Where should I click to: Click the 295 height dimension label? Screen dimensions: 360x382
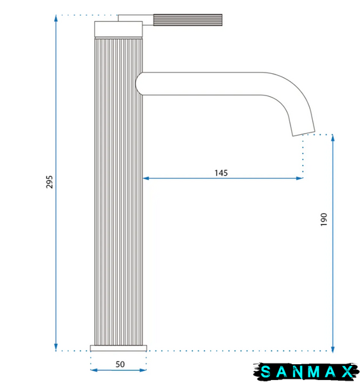pos(50,181)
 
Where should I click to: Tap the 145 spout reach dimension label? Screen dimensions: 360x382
pos(221,173)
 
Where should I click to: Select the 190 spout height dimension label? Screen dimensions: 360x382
pos(324,220)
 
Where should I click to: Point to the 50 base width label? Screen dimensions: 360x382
pos(120,364)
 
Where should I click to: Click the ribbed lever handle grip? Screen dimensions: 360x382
pos(188,20)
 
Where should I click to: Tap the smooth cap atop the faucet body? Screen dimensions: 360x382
pos(119,29)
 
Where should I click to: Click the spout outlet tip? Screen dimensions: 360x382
pos(304,134)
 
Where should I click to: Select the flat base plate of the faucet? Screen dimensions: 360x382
pos(119,348)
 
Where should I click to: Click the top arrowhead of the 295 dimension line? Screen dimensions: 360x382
pos(56,18)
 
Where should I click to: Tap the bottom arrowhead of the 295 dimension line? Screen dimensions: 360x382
pos(56,348)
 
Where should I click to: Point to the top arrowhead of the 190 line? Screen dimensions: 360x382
pos(333,138)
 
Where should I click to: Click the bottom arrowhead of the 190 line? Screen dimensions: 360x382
pos(333,349)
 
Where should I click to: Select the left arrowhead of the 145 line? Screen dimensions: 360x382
pos(146,178)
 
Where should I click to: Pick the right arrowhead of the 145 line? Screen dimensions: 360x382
pos(299,178)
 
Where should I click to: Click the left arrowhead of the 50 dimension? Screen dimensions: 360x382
pos(94,371)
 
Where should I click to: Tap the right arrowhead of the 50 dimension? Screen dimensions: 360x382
pos(143,371)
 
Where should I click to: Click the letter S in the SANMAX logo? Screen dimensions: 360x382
pos(266,372)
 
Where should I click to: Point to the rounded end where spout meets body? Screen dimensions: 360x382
pos(139,83)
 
